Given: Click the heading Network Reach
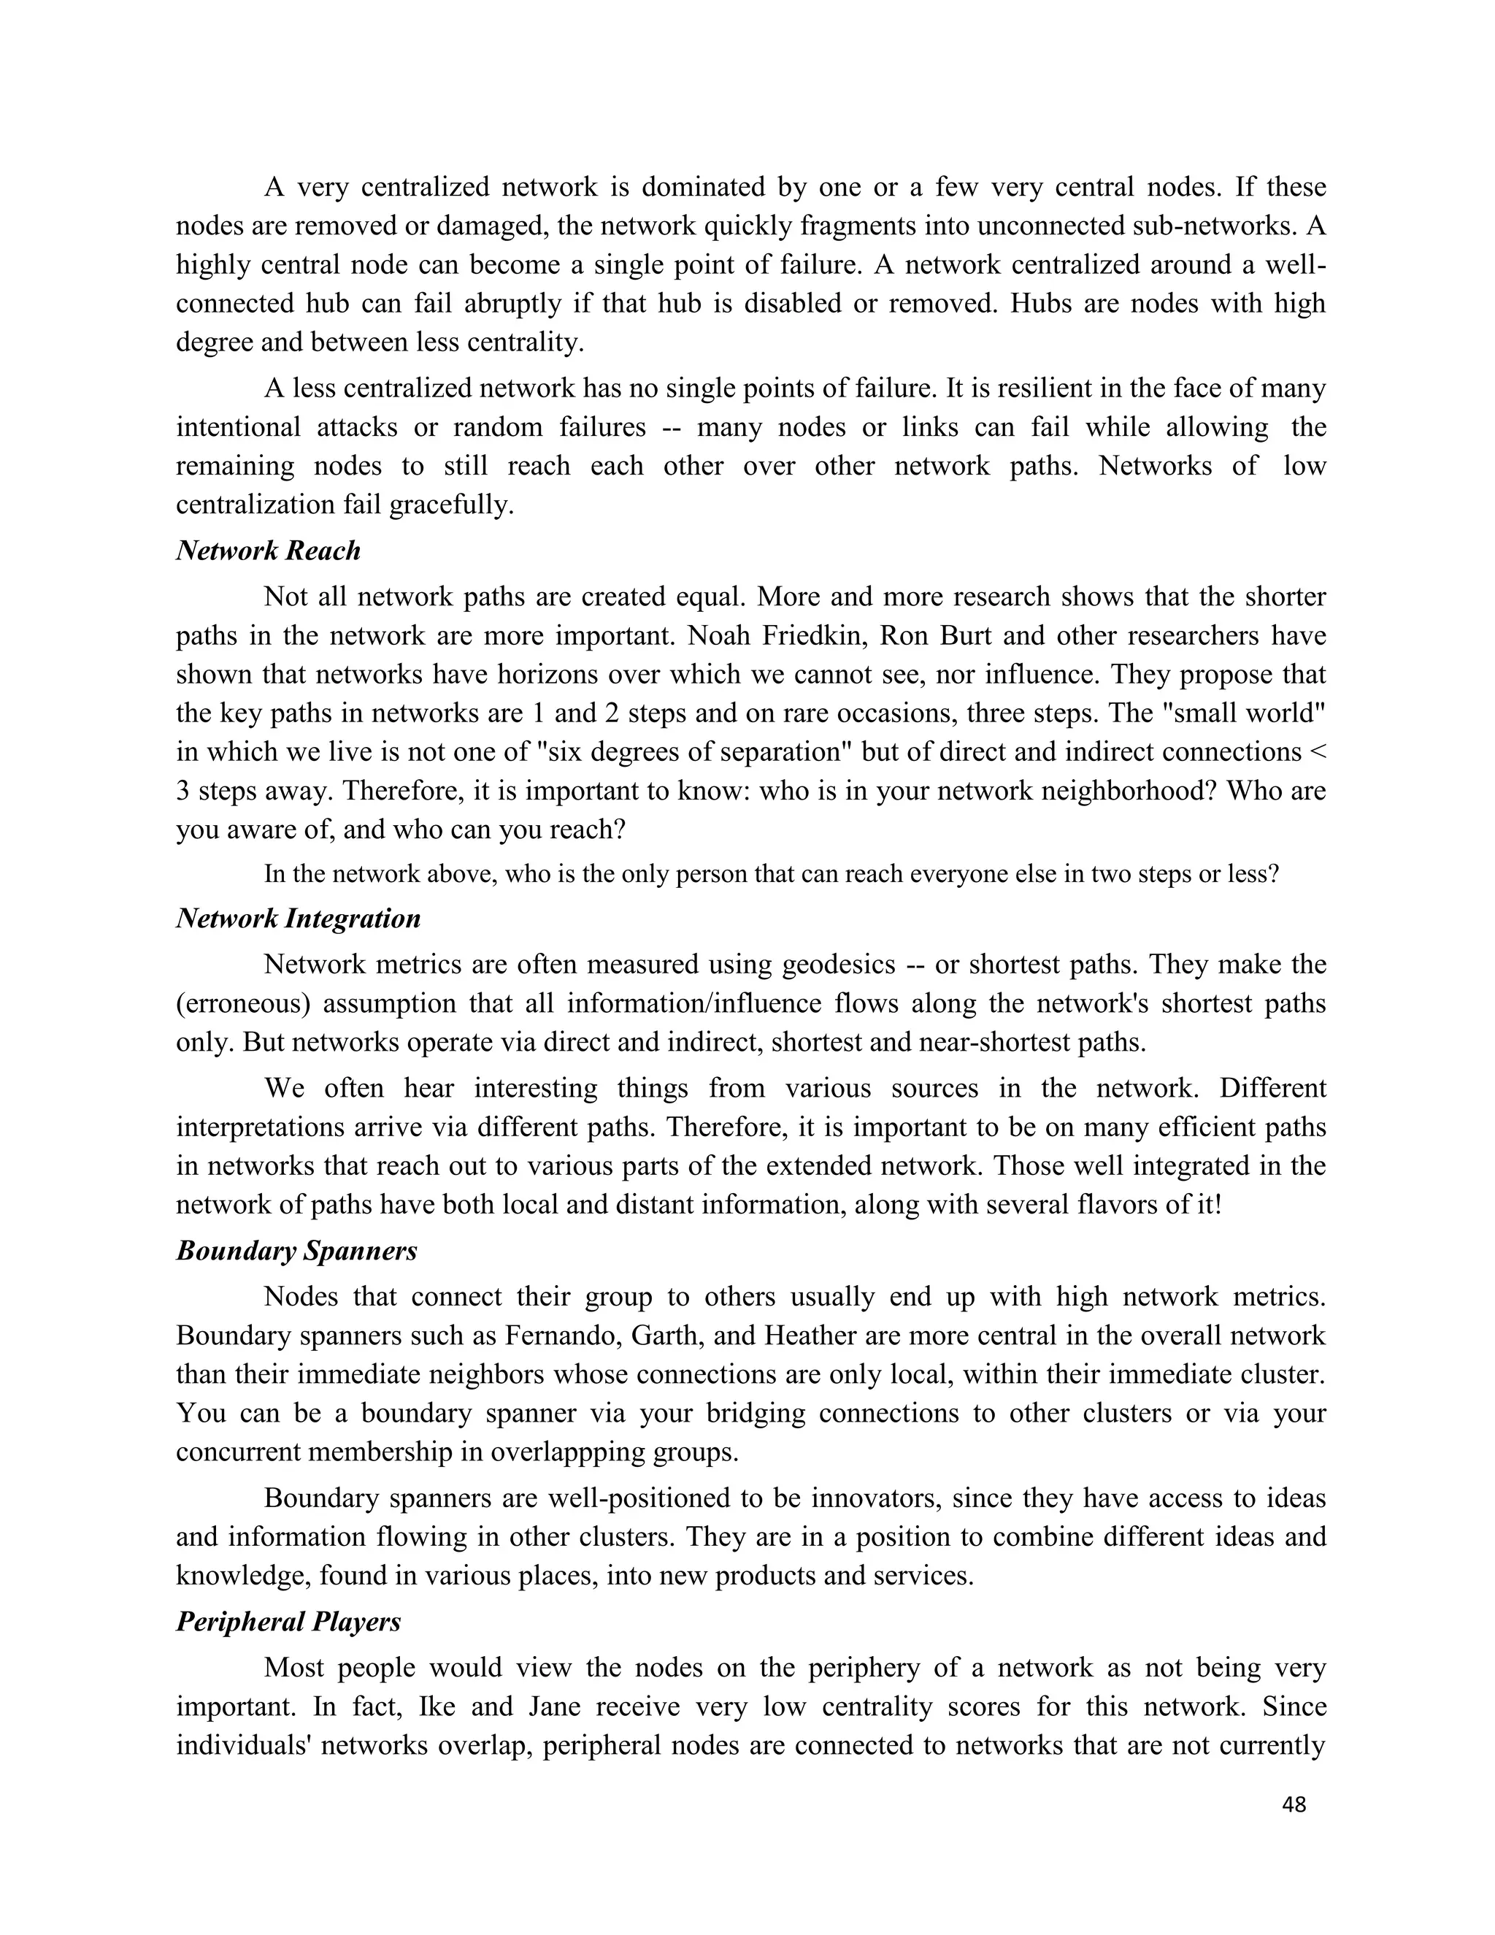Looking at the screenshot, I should (x=269, y=551).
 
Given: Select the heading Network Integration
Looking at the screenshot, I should (x=299, y=919).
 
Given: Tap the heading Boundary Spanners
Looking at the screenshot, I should (x=296, y=1251).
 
